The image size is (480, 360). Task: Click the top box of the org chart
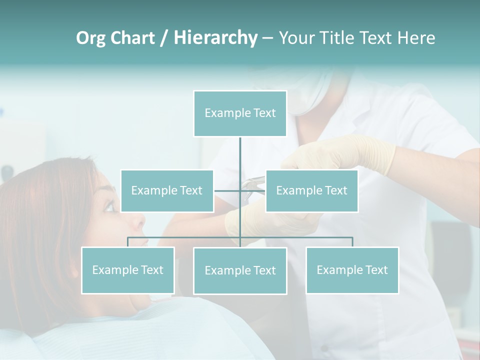[240, 113]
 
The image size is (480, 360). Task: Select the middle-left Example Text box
[167, 190]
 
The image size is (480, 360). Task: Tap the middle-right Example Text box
[311, 190]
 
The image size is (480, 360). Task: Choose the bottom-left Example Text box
[127, 270]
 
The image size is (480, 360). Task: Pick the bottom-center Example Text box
[240, 270]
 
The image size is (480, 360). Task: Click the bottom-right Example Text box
[352, 270]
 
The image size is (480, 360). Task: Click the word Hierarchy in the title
[215, 38]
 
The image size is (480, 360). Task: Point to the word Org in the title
[91, 38]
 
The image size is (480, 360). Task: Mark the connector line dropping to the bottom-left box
[127, 242]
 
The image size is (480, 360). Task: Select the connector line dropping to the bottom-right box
[352, 242]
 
